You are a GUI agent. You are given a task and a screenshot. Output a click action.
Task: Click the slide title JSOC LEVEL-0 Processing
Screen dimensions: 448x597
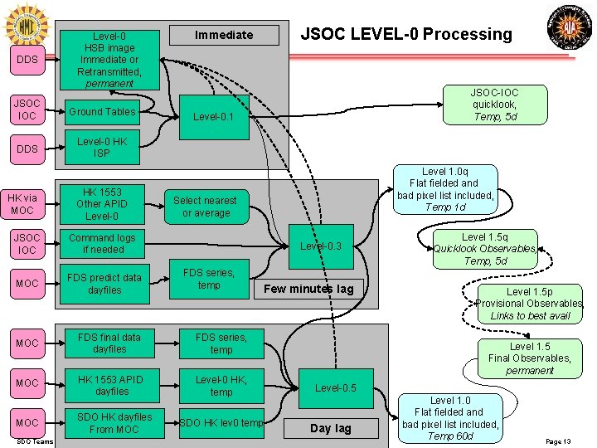[x=405, y=34]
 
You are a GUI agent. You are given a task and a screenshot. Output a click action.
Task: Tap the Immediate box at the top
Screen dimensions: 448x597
[x=224, y=35]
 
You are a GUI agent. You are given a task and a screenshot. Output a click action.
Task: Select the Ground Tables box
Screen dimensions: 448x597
[x=102, y=112]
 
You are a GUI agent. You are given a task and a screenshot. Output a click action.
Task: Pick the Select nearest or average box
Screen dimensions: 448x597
[x=204, y=207]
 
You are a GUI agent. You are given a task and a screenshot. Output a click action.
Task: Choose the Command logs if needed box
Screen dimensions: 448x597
[x=102, y=243]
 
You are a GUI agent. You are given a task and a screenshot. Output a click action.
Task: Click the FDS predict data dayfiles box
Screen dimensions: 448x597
[x=104, y=284]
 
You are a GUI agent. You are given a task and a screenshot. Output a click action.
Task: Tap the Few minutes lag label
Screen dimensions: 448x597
[x=308, y=289]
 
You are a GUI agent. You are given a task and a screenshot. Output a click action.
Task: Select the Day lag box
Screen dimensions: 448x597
[x=331, y=428]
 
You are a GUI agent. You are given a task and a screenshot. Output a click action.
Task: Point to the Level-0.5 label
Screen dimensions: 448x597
[x=336, y=388]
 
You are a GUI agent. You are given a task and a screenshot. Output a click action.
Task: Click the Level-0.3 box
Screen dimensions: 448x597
[x=321, y=246]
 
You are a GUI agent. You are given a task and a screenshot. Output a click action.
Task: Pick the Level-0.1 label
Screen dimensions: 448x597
[x=214, y=117]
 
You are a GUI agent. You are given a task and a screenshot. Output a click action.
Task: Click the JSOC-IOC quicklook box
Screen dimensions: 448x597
[x=494, y=105]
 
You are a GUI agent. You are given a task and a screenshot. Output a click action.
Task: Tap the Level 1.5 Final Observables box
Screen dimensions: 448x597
[x=530, y=358]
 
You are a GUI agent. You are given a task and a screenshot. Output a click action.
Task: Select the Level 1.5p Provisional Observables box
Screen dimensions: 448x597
[x=531, y=304]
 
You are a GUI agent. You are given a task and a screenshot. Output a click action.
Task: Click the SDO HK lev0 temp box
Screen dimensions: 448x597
[x=221, y=423]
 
